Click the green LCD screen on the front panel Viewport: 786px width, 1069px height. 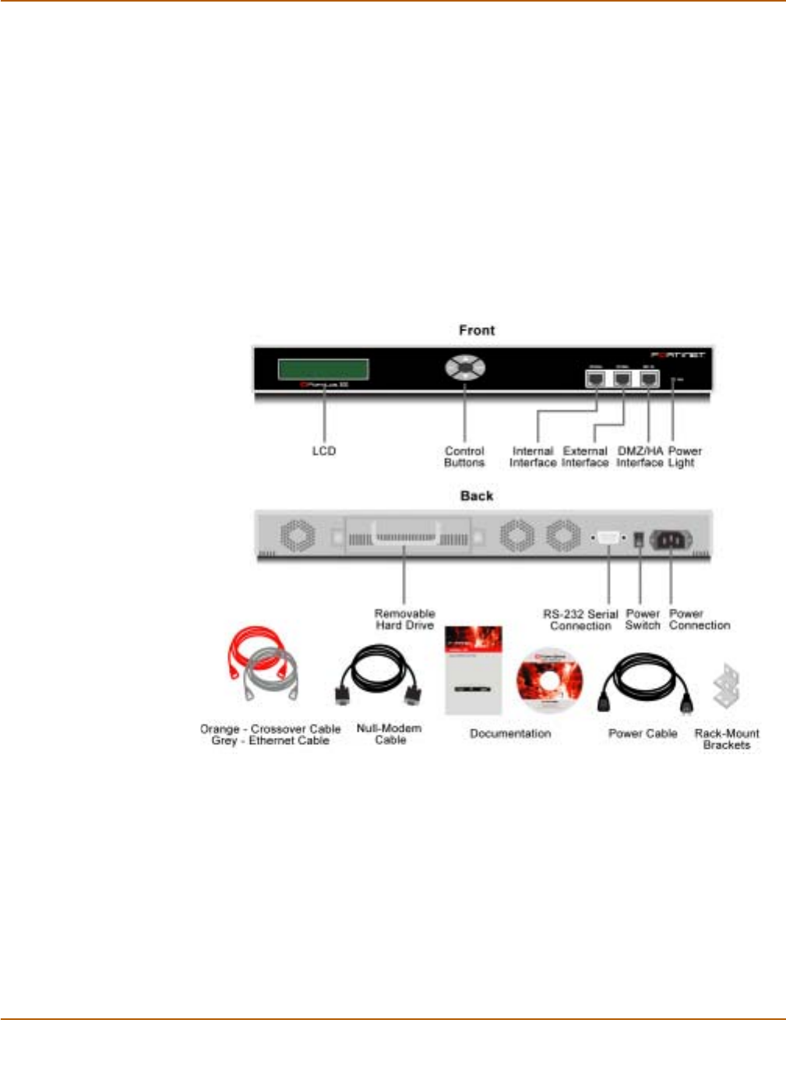tap(323, 369)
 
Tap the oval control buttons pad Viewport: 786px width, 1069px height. tap(465, 367)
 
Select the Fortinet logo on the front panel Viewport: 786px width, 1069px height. tap(677, 355)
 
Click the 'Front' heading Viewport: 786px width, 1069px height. tap(477, 330)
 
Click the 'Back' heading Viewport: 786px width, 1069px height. tap(477, 496)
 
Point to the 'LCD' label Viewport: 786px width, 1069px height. tap(324, 451)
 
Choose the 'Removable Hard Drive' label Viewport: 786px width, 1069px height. tap(404, 619)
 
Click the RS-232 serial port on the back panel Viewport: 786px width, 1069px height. tap(608, 538)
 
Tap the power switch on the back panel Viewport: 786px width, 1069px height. tap(640, 538)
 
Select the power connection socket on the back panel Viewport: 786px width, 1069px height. tap(671, 539)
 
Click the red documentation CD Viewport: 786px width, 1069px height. tap(549, 679)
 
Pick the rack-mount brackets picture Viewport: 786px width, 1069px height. tap(726, 686)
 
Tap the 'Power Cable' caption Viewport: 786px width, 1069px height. tap(643, 733)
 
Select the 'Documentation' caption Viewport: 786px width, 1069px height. tap(510, 733)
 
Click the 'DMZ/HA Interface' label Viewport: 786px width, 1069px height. tap(640, 457)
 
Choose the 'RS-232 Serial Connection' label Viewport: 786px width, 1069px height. tap(580, 619)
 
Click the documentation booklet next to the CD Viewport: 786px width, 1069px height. tap(473, 671)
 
